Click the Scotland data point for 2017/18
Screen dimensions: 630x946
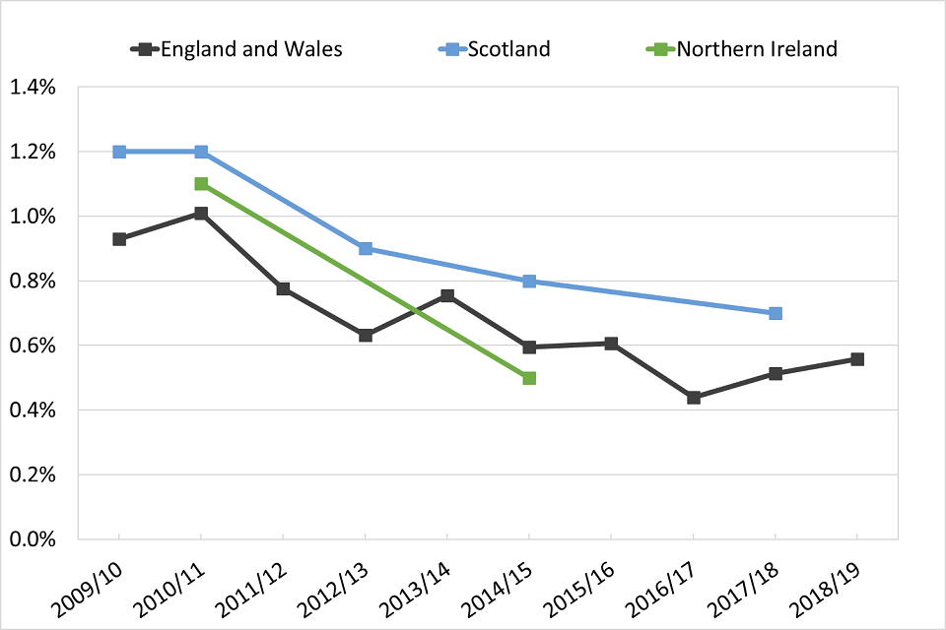(776, 313)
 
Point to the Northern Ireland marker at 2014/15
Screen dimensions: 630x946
(529, 378)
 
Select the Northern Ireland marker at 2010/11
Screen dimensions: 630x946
(201, 184)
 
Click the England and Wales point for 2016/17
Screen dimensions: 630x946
(694, 398)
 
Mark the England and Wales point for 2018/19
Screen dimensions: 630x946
(857, 359)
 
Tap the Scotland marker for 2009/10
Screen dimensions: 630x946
(119, 152)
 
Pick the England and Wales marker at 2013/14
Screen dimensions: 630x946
(447, 295)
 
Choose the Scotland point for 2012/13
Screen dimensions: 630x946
(366, 249)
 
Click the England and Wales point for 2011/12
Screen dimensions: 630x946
(284, 288)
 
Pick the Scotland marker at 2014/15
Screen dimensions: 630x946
(529, 282)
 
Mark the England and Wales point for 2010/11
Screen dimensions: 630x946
(201, 214)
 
